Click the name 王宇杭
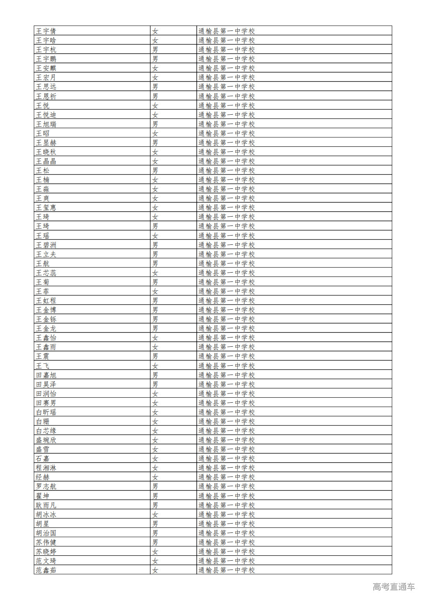point(46,49)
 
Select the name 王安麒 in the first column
point(46,68)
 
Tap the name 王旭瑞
point(46,124)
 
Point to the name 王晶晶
point(46,161)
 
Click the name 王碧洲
point(46,245)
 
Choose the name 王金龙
point(46,328)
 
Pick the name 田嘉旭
point(46,375)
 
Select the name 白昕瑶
point(46,412)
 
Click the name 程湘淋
point(46,468)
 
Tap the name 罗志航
point(46,486)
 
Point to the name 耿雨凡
point(46,505)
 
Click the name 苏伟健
point(46,542)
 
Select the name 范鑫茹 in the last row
point(46,570)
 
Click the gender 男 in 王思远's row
point(155,86)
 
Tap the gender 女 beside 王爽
point(155,198)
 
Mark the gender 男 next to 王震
point(155,356)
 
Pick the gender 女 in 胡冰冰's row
point(155,514)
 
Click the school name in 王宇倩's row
point(227,31)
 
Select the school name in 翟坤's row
point(227,496)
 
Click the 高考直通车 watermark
point(394,587)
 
